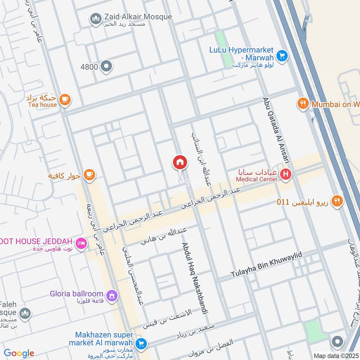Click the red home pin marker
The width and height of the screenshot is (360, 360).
(x=180, y=162)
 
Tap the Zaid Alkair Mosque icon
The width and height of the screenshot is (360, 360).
(x=95, y=19)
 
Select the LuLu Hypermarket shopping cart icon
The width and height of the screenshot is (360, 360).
(x=282, y=55)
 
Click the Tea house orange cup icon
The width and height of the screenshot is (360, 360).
(x=65, y=100)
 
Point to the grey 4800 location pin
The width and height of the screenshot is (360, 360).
(x=106, y=67)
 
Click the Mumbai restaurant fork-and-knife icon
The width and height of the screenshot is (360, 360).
(x=303, y=104)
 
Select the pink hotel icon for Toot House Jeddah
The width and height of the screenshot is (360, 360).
(x=81, y=243)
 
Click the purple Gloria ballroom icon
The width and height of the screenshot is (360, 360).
(x=112, y=296)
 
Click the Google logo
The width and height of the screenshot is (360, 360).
(x=19, y=353)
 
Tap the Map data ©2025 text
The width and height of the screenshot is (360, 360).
(x=336, y=355)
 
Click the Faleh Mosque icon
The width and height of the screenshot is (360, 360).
(x=25, y=313)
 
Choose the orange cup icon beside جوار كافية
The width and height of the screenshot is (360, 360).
(x=90, y=174)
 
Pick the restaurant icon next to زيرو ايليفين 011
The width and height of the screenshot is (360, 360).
(x=337, y=201)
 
